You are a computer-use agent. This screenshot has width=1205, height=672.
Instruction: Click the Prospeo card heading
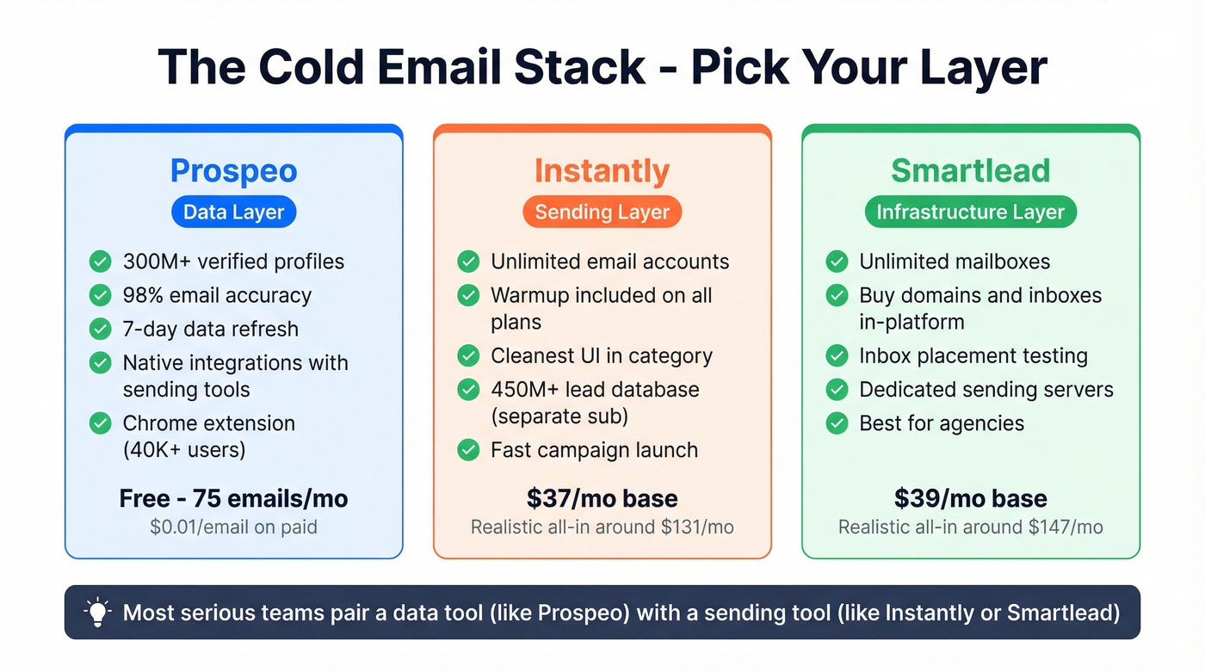tap(233, 170)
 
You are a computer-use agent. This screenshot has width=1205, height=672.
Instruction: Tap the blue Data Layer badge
tap(233, 213)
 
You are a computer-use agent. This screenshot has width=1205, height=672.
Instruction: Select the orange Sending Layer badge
tap(602, 213)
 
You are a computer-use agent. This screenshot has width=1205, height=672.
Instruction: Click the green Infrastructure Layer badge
tap(970, 213)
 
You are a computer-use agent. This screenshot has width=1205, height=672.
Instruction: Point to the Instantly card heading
tap(602, 170)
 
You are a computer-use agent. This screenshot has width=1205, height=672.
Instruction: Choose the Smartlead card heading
tap(970, 170)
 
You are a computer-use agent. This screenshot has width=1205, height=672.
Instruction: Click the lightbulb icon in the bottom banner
tap(97, 612)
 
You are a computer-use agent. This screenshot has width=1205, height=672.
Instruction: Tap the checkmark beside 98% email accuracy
tap(101, 295)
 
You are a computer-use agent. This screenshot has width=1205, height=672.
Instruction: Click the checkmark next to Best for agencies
tap(837, 423)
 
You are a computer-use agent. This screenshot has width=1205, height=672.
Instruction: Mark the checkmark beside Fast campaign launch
tap(468, 450)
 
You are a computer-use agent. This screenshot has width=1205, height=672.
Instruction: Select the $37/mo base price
tap(602, 498)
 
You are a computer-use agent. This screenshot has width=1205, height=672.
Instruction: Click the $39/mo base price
tap(970, 498)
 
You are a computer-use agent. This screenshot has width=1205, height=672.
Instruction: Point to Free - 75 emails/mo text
tap(233, 498)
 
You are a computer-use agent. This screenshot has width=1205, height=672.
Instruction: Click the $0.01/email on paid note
tap(233, 527)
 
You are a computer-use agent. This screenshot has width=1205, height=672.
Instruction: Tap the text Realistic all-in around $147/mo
tap(970, 527)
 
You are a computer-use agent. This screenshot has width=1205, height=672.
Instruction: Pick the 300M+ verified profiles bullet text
tap(233, 262)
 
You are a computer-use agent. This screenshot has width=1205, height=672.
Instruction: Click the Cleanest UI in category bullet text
tap(601, 356)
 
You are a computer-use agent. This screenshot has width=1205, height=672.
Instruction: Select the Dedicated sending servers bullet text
tap(986, 390)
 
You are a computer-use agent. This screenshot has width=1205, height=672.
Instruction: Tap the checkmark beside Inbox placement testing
tap(837, 356)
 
